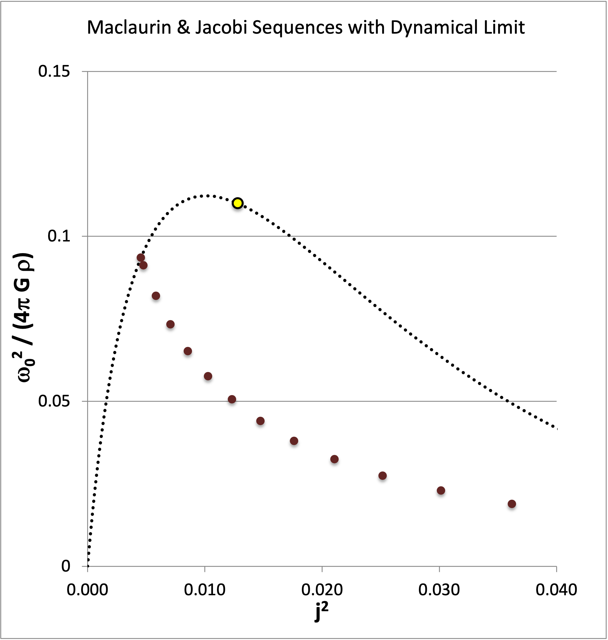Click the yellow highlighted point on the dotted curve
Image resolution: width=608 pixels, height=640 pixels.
[238, 203]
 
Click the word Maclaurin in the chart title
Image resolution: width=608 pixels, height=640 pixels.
[129, 27]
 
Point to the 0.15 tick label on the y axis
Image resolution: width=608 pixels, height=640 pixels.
[54, 71]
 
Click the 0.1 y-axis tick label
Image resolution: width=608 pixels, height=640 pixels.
[59, 236]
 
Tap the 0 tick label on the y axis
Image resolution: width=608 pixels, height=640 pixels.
[66, 566]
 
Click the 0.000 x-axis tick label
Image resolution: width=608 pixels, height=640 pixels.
[87, 589]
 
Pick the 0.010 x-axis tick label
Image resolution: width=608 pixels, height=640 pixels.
[204, 589]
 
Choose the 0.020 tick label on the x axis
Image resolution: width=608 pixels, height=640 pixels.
[322, 589]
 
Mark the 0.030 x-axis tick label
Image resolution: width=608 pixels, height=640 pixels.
[439, 589]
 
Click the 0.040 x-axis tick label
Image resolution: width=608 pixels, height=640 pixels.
[556, 589]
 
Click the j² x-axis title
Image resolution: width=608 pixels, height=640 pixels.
[321, 612]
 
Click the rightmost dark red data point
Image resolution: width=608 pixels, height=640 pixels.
[512, 504]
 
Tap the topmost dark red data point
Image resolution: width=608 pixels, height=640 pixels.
[141, 257]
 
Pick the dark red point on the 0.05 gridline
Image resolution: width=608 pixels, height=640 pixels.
[232, 399]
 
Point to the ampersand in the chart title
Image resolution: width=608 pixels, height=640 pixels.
[183, 27]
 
